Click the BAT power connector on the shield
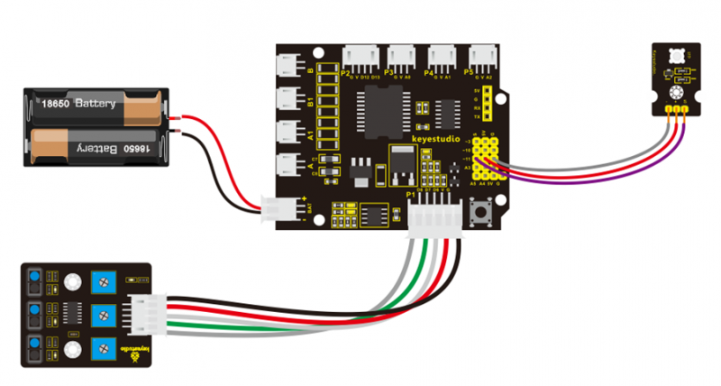coord(272,208)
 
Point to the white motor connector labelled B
coord(290,66)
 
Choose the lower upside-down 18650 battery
coord(99,146)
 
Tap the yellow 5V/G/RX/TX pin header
coord(486,105)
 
